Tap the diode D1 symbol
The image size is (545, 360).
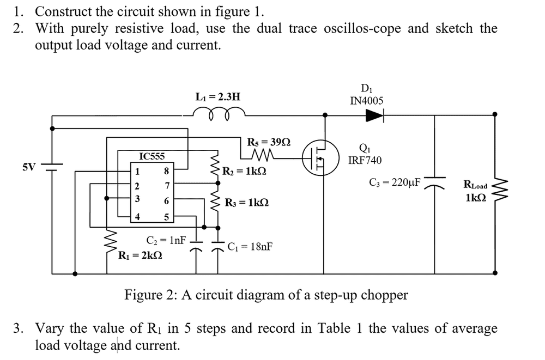point(374,115)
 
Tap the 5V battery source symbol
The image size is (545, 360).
point(52,166)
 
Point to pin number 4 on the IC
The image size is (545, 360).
point(137,217)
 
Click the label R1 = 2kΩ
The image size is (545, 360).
point(140,254)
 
